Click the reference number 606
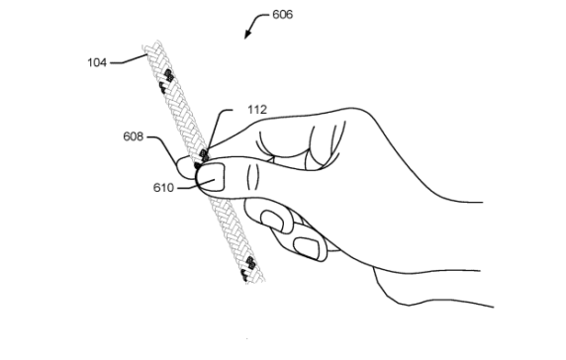pos(284,16)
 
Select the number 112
pos(233,110)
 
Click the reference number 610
pos(163,186)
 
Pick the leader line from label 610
pos(187,184)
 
